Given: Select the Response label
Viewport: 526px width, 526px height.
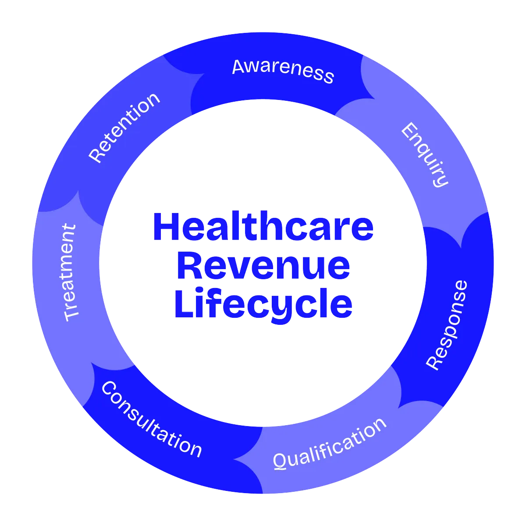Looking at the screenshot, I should click(447, 325).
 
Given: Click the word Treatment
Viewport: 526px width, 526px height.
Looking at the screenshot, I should click(70, 273).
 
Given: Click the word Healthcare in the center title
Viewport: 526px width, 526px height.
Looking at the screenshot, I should click(263, 227).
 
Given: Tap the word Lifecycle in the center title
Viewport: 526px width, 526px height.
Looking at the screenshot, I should click(263, 303).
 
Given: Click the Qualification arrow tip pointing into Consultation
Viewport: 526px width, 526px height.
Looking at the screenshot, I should click(235, 459).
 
